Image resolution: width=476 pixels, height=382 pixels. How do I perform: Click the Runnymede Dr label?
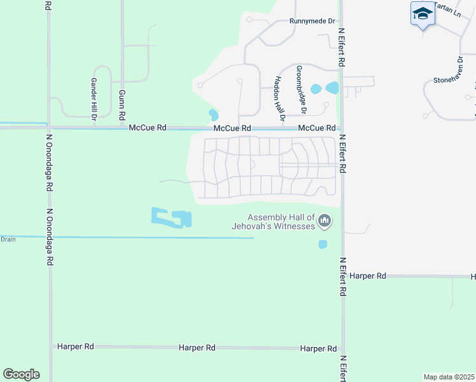(x=312, y=21)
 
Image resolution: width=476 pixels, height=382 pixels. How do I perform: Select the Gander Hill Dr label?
(x=93, y=99)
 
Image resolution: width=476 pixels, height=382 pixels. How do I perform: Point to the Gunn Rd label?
(x=121, y=105)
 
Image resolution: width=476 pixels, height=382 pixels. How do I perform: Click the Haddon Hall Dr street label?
(x=279, y=98)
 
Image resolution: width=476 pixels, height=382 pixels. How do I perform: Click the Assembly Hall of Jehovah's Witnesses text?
(x=281, y=222)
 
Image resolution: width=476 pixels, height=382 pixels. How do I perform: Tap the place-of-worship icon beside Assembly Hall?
(x=325, y=221)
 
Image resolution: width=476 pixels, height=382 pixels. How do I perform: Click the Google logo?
(x=21, y=374)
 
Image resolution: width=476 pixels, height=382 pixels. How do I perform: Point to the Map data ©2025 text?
(x=449, y=376)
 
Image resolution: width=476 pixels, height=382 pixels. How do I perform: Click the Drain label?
(x=8, y=239)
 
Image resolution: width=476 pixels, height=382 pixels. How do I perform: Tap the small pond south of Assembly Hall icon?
(x=323, y=244)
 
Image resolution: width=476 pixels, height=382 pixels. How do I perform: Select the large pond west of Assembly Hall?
(x=172, y=218)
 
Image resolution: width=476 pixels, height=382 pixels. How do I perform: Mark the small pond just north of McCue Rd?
(x=213, y=115)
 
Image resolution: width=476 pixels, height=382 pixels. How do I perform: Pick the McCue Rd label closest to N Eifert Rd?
(x=317, y=128)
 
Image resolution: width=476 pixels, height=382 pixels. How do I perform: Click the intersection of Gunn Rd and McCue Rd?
(x=122, y=128)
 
